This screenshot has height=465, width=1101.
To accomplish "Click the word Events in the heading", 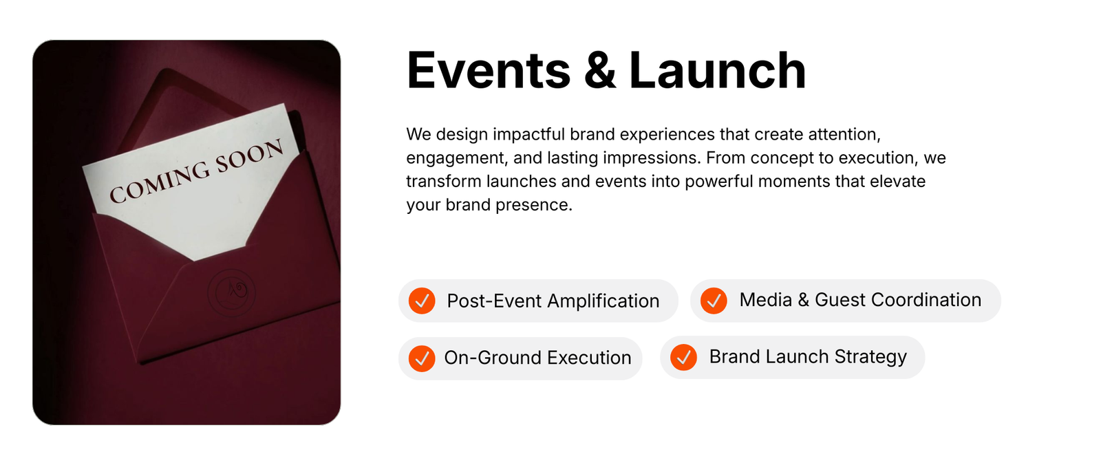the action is tap(489, 70).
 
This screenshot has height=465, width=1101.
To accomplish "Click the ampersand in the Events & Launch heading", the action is tap(599, 70).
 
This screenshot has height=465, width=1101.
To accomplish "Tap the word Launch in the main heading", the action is tap(717, 70).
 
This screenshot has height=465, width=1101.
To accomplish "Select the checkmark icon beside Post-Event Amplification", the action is tap(422, 301).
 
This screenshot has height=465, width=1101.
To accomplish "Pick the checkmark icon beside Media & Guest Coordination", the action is tap(714, 301).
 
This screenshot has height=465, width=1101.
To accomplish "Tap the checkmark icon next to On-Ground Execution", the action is tap(422, 358).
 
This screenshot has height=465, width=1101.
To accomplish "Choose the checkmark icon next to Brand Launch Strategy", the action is tap(684, 357).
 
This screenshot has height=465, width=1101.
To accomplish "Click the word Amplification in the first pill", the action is tap(603, 301).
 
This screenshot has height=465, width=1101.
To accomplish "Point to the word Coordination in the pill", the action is tap(926, 300).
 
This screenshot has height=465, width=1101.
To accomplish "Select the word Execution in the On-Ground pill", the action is tap(589, 358).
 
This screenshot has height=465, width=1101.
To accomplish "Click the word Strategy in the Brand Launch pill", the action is tap(870, 358).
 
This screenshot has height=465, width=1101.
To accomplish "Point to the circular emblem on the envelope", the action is tap(231, 292).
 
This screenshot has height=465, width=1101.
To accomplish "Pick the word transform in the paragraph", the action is tap(444, 182).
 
